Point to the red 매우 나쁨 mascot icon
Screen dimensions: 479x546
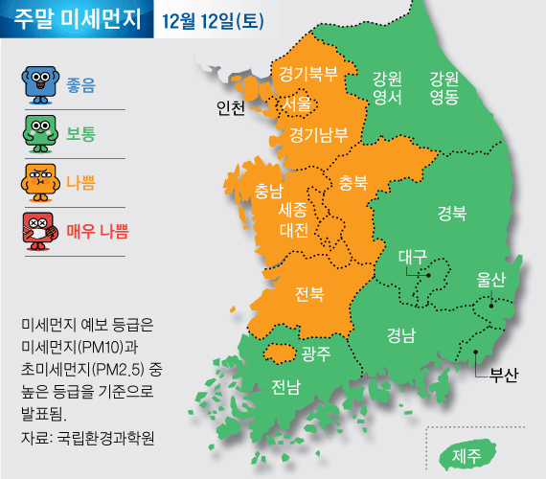pyautogui.click(x=38, y=231)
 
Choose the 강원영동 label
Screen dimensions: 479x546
pyautogui.click(x=444, y=87)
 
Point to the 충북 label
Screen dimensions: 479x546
pyautogui.click(x=353, y=181)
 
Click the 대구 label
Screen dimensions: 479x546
pyautogui.click(x=412, y=256)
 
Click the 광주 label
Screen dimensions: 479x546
pyautogui.click(x=315, y=354)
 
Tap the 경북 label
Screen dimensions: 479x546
pyautogui.click(x=452, y=213)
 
